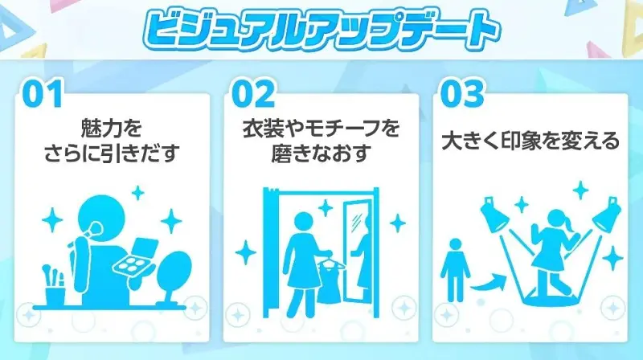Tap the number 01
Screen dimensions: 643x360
(x=43, y=94)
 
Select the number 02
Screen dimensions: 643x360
(x=253, y=94)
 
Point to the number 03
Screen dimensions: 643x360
(x=462, y=94)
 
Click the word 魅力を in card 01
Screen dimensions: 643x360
(x=112, y=129)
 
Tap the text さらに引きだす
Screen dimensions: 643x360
(x=112, y=153)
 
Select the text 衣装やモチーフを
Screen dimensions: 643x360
(x=321, y=129)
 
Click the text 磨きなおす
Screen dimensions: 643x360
(x=321, y=153)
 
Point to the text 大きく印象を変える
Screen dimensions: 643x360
(x=530, y=141)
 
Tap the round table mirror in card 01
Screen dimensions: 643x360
(x=174, y=276)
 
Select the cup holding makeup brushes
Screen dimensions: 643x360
(x=55, y=287)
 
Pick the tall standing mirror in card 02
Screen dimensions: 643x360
(x=357, y=250)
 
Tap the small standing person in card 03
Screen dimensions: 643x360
(x=455, y=270)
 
